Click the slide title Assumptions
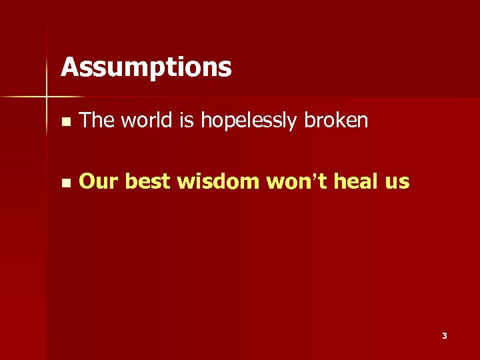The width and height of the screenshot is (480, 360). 146,67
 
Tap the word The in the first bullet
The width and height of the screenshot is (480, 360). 96,120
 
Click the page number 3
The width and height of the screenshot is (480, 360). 445,336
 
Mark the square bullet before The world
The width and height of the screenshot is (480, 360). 64,122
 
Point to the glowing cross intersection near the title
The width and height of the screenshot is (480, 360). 47,98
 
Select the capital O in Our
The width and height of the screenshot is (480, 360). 87,181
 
